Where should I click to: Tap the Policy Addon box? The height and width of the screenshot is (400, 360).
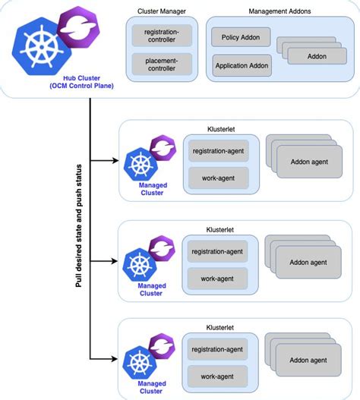[240, 37]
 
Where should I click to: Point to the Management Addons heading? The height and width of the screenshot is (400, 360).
[278, 11]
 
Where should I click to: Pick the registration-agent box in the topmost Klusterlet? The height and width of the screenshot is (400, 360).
[217, 150]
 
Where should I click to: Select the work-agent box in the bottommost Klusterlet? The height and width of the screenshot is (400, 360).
[217, 376]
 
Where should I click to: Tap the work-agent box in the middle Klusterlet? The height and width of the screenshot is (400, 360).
[217, 279]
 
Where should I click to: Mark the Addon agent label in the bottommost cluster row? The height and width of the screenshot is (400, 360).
[308, 360]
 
